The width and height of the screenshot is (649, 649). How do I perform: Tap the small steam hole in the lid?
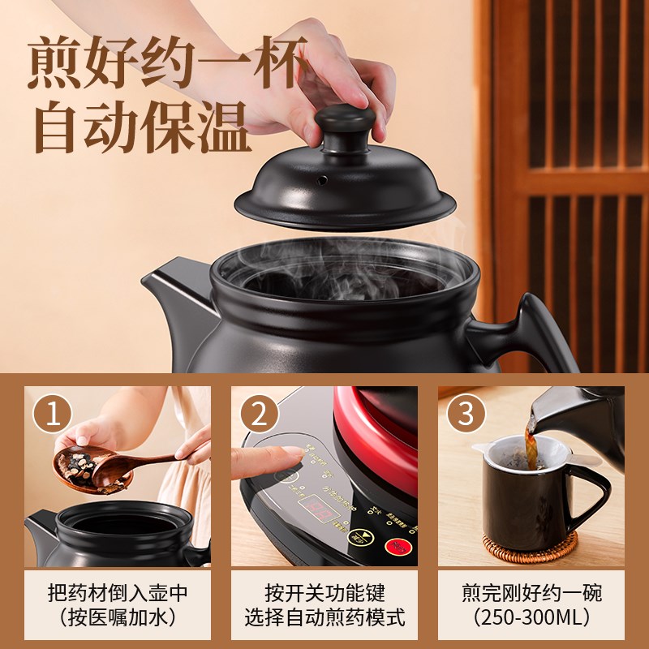tap(320, 178)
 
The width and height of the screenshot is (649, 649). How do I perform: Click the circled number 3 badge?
tap(466, 415)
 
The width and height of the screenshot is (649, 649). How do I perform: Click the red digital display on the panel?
tap(320, 508)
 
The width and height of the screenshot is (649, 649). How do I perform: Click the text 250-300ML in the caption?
tap(531, 617)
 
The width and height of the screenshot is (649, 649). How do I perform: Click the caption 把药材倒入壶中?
tap(117, 593)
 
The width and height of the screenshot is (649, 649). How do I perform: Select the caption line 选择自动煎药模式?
tap(324, 617)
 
